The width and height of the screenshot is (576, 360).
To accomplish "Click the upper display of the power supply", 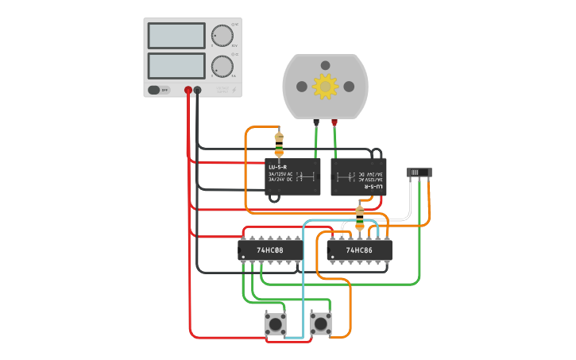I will (176, 36).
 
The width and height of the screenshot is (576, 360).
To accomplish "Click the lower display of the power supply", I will (176, 65).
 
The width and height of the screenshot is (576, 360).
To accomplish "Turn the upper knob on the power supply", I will (222, 36).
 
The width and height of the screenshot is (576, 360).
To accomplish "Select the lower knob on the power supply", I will (222, 66).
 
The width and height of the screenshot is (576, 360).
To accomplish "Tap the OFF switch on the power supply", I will (159, 90).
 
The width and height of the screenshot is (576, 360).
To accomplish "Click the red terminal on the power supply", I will (188, 91).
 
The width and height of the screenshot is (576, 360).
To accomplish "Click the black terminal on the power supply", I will (198, 91).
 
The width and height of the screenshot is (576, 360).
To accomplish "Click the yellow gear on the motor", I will (325, 86).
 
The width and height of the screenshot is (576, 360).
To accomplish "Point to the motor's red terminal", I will (334, 122).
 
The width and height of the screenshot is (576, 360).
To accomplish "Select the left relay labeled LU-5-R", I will (292, 176).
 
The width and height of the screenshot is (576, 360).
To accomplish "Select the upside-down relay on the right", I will (358, 176).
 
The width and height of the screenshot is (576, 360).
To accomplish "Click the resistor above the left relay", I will (279, 144).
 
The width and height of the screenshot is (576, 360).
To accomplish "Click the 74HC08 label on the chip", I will (270, 250).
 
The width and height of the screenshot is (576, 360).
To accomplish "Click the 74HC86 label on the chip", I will (359, 250).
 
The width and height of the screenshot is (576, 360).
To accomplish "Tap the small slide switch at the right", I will (419, 172).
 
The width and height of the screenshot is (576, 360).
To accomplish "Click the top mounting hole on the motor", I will (325, 65).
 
